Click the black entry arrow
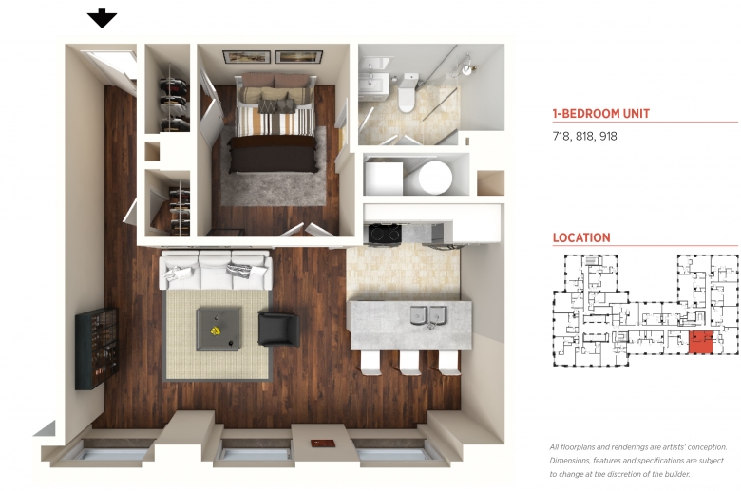tap(102, 18)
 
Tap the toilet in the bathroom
tap(407, 93)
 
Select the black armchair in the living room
tap(278, 329)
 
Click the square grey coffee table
tap(218, 329)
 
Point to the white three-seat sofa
tap(216, 271)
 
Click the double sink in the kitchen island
tap(428, 315)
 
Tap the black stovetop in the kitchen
tap(385, 234)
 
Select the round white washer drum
tap(435, 178)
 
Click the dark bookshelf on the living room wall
tap(97, 349)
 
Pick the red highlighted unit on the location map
tap(700, 342)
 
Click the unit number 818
tap(584, 136)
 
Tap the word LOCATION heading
tap(581, 237)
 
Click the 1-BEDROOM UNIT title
tap(600, 113)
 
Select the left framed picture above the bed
tap(247, 57)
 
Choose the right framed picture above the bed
tap(298, 56)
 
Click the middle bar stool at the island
tap(409, 363)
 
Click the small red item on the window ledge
tap(323, 444)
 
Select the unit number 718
tap(560, 136)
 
